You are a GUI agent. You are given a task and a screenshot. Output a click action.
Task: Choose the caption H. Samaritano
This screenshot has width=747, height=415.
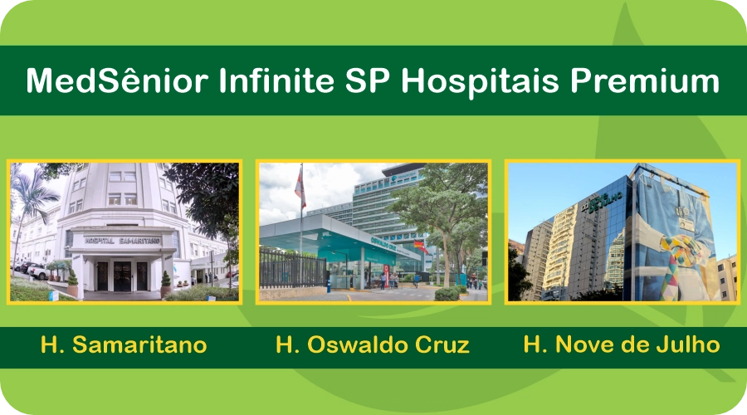coord(124,345)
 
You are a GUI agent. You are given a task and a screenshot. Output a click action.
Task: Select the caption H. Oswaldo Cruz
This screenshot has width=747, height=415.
coord(373,345)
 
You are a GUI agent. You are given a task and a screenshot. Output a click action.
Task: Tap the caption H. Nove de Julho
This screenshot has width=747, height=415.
coord(621,345)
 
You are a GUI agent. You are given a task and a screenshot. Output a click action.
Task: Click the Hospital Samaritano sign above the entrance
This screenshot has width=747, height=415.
coord(123,241)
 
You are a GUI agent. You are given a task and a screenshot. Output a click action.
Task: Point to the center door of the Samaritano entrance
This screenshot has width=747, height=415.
coord(123,275)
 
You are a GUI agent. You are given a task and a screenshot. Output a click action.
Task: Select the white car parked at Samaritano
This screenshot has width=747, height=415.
coord(38,271)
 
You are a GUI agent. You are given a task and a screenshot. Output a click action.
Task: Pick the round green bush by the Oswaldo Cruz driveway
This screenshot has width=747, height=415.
coord(447,293)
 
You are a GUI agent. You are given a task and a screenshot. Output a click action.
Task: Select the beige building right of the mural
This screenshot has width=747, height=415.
coord(726,278)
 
